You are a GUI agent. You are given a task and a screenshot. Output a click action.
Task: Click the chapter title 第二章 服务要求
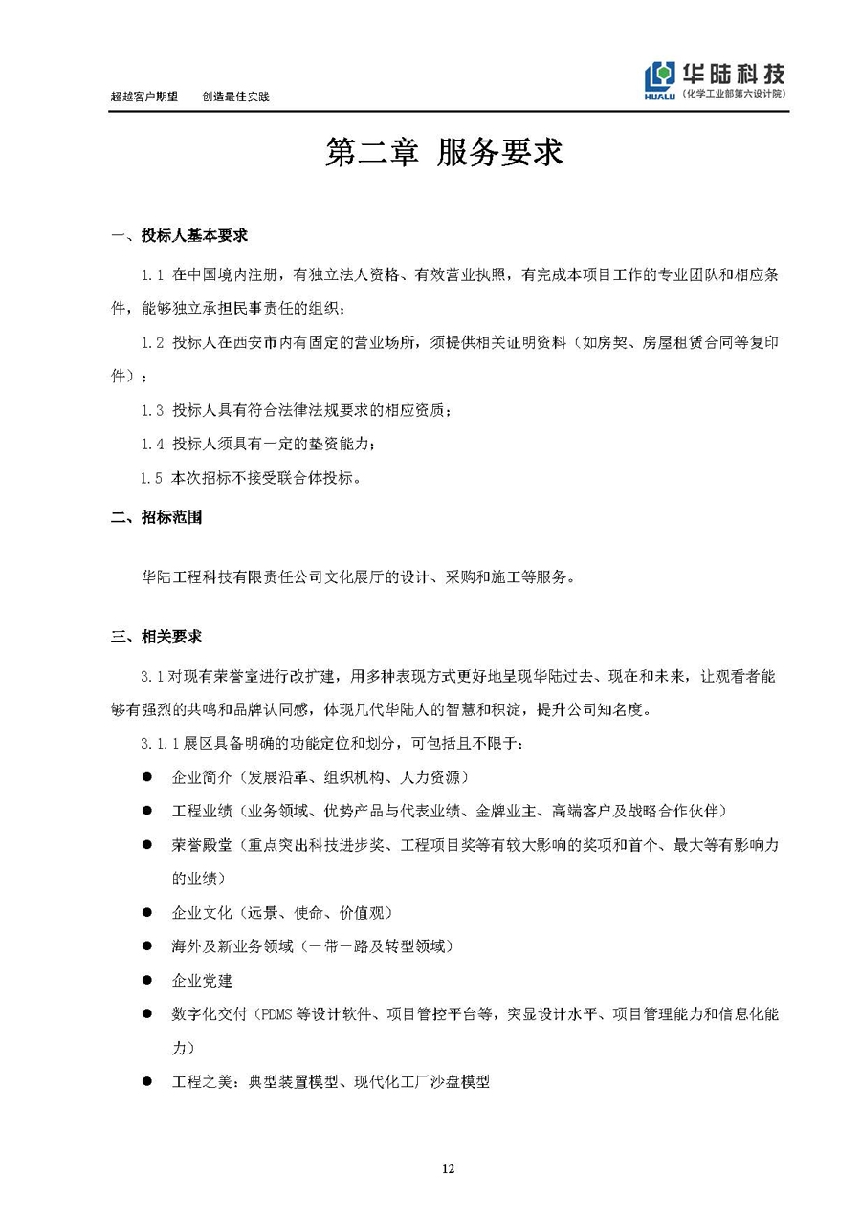point(444,153)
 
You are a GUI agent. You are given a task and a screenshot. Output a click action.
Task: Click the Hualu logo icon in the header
point(661,79)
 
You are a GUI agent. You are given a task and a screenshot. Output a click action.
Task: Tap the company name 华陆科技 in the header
point(734,73)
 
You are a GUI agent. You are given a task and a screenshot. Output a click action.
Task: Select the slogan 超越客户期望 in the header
point(144,97)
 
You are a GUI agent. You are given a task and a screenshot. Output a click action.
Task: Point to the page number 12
point(448,1168)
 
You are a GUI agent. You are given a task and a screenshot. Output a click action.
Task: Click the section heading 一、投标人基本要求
point(180,235)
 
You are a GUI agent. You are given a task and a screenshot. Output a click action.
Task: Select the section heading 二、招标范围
point(157,518)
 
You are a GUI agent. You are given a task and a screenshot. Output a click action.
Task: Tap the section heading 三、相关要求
point(157,637)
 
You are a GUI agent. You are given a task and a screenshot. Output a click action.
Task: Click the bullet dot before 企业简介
point(147,777)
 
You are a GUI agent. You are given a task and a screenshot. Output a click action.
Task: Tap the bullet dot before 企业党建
point(147,980)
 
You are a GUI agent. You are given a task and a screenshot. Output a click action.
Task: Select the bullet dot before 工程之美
point(147,1081)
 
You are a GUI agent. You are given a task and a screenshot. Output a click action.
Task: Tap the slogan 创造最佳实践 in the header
point(236,97)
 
